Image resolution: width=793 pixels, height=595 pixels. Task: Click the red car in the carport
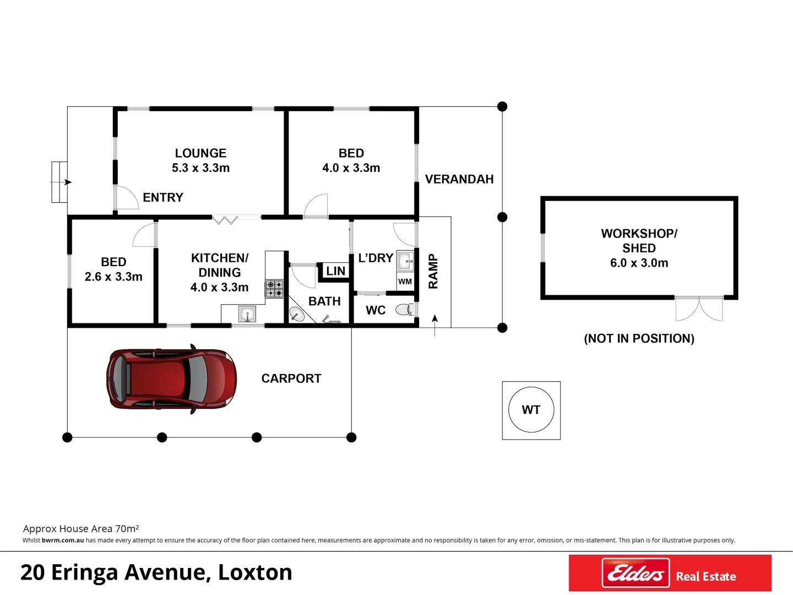point(171,379)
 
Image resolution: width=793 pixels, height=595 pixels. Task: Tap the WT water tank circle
point(531,410)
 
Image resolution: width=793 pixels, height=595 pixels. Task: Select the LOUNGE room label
point(200,153)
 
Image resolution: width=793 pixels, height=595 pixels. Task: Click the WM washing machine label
point(405,282)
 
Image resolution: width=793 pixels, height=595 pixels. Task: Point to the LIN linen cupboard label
point(335,271)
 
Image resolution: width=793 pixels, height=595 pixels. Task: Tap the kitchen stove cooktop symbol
point(274,289)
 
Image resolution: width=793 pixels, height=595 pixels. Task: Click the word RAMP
point(433,272)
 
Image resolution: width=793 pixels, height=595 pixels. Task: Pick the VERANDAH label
point(459,179)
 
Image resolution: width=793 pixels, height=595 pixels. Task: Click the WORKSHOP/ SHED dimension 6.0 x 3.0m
point(639,263)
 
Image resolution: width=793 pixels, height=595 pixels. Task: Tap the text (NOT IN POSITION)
point(639,338)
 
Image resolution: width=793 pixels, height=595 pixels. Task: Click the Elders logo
point(636,574)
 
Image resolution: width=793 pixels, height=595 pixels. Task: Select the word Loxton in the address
point(255,572)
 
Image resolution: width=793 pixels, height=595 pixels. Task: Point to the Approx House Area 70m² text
point(81,529)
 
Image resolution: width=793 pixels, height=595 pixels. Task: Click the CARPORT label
point(291,378)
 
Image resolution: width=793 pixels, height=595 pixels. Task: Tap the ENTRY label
point(163,197)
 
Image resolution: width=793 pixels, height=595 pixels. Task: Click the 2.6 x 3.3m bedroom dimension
point(113,277)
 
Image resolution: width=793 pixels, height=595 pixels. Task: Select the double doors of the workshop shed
point(699,309)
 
